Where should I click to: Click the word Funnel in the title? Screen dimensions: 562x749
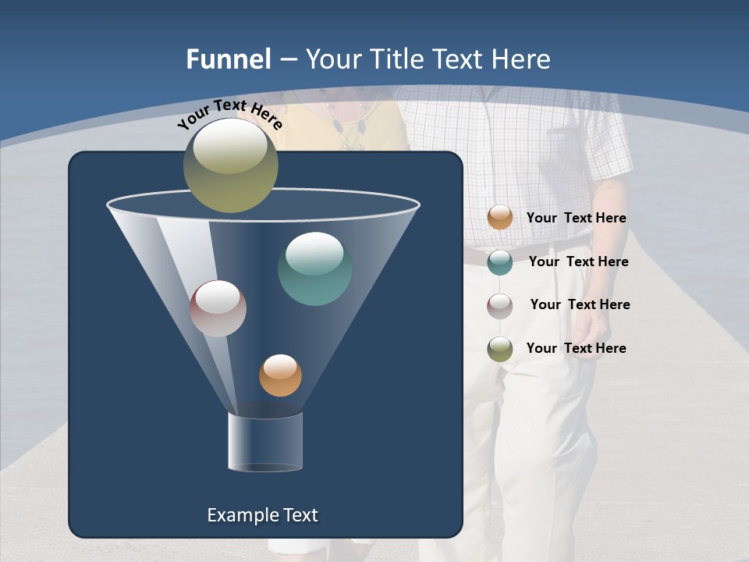(228, 59)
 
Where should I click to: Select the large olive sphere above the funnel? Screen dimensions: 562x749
(230, 165)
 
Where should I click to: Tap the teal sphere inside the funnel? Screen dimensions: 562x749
(314, 269)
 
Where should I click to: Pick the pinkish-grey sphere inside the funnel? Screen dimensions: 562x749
(218, 308)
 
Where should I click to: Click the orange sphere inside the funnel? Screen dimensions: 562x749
(280, 375)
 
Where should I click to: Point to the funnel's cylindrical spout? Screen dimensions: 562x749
(265, 442)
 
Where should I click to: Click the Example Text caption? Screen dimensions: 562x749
(262, 515)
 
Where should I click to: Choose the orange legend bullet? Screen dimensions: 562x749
(500, 218)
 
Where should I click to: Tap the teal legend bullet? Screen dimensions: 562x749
(500, 261)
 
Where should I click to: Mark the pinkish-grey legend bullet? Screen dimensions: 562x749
(500, 305)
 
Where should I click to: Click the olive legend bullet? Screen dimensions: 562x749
(500, 348)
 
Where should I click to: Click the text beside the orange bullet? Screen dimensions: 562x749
(576, 218)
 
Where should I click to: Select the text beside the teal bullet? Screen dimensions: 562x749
(578, 261)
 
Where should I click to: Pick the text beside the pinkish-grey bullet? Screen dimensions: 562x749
(580, 304)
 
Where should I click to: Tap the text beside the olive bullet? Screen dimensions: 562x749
(576, 348)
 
